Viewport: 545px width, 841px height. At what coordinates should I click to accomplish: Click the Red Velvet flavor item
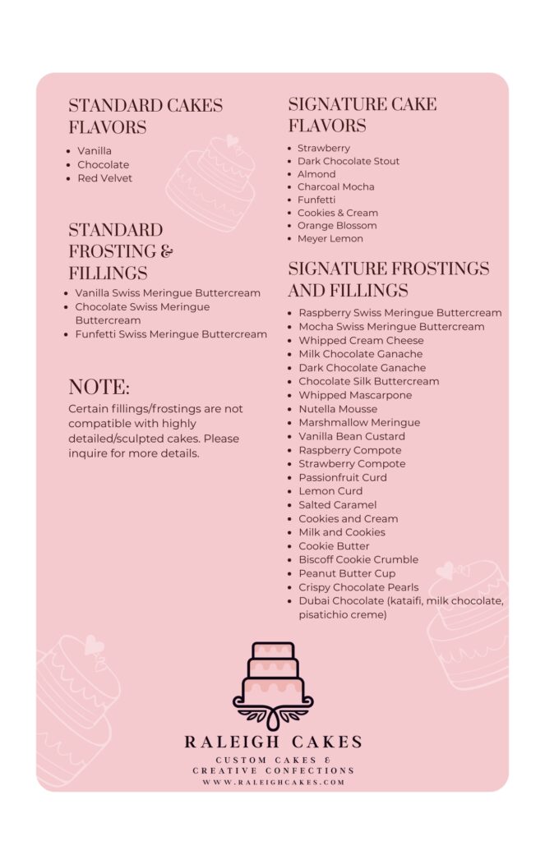coord(104,178)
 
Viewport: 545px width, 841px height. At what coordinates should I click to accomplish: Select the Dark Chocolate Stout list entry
coord(349,161)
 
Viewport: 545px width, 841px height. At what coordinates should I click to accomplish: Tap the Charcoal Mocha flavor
coord(335,187)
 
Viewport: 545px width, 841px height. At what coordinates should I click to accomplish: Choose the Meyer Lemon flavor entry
coord(330,239)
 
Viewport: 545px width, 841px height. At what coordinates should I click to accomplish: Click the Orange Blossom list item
coord(337,226)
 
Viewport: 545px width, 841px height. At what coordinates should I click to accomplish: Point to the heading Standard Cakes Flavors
coord(145,117)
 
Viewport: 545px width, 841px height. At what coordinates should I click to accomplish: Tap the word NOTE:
coord(99,388)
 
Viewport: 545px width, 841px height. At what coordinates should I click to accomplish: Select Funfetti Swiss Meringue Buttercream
coord(171,334)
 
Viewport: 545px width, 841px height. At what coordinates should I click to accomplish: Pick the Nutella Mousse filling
coord(338,409)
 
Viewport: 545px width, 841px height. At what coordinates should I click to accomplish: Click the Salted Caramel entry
coord(337,505)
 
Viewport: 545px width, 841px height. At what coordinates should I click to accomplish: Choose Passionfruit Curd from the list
coord(343,478)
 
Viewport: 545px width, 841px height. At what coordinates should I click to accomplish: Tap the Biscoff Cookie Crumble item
coord(358,560)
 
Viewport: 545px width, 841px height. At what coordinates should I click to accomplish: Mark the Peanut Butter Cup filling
coord(347,574)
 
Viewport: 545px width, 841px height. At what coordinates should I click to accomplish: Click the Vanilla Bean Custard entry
coord(352,437)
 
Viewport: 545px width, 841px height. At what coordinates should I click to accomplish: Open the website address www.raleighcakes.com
coord(274,783)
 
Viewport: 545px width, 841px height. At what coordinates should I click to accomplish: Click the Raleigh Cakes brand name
coord(274,742)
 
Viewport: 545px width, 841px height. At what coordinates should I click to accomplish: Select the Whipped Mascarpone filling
coord(355,396)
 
